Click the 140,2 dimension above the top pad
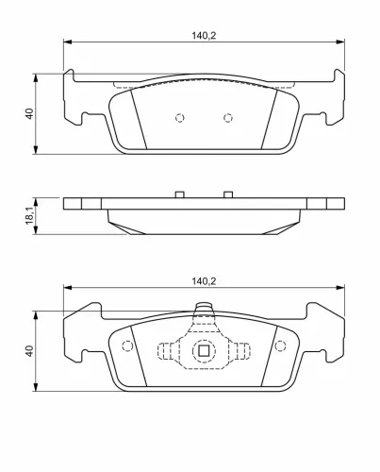coord(204,36)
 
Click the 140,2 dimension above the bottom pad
coord(204,281)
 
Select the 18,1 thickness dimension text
coord(29,216)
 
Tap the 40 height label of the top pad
coord(29,113)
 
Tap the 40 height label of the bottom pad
coord(29,351)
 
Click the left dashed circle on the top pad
coord(179,118)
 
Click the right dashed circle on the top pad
coord(228,118)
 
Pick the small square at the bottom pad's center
coord(204,350)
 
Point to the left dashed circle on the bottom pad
coord(127,346)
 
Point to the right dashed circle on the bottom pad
coord(280,346)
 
